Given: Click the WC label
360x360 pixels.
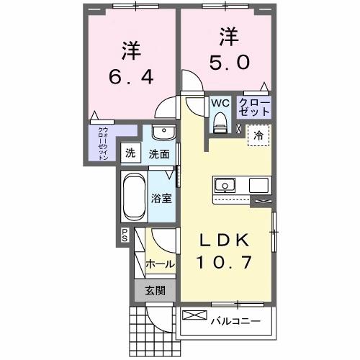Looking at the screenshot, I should pyautogui.click(x=220, y=102).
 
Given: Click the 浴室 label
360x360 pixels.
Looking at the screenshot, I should pyautogui.click(x=159, y=197).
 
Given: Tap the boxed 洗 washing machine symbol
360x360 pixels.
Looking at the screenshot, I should pyautogui.click(x=130, y=153).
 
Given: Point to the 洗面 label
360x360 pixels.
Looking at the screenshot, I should pyautogui.click(x=159, y=153).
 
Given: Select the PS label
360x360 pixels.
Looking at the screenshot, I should pyautogui.click(x=124, y=234).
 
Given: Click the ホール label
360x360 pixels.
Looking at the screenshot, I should pyautogui.click(x=159, y=264).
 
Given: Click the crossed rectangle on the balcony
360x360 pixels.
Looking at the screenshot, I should pyautogui.click(x=194, y=315).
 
